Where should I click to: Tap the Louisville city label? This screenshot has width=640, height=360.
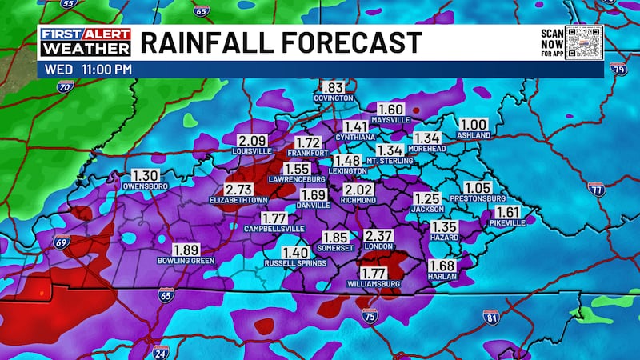(230, 150)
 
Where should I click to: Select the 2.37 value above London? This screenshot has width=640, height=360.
(379, 236)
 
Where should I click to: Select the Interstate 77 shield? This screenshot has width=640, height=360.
(595, 189)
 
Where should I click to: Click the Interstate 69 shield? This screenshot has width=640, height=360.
(62, 241)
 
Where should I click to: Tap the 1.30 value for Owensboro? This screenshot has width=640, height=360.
(145, 176)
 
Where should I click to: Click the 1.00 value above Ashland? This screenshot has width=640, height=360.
(474, 125)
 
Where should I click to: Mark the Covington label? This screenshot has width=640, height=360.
(334, 98)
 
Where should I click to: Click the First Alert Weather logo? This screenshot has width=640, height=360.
(85, 43)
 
